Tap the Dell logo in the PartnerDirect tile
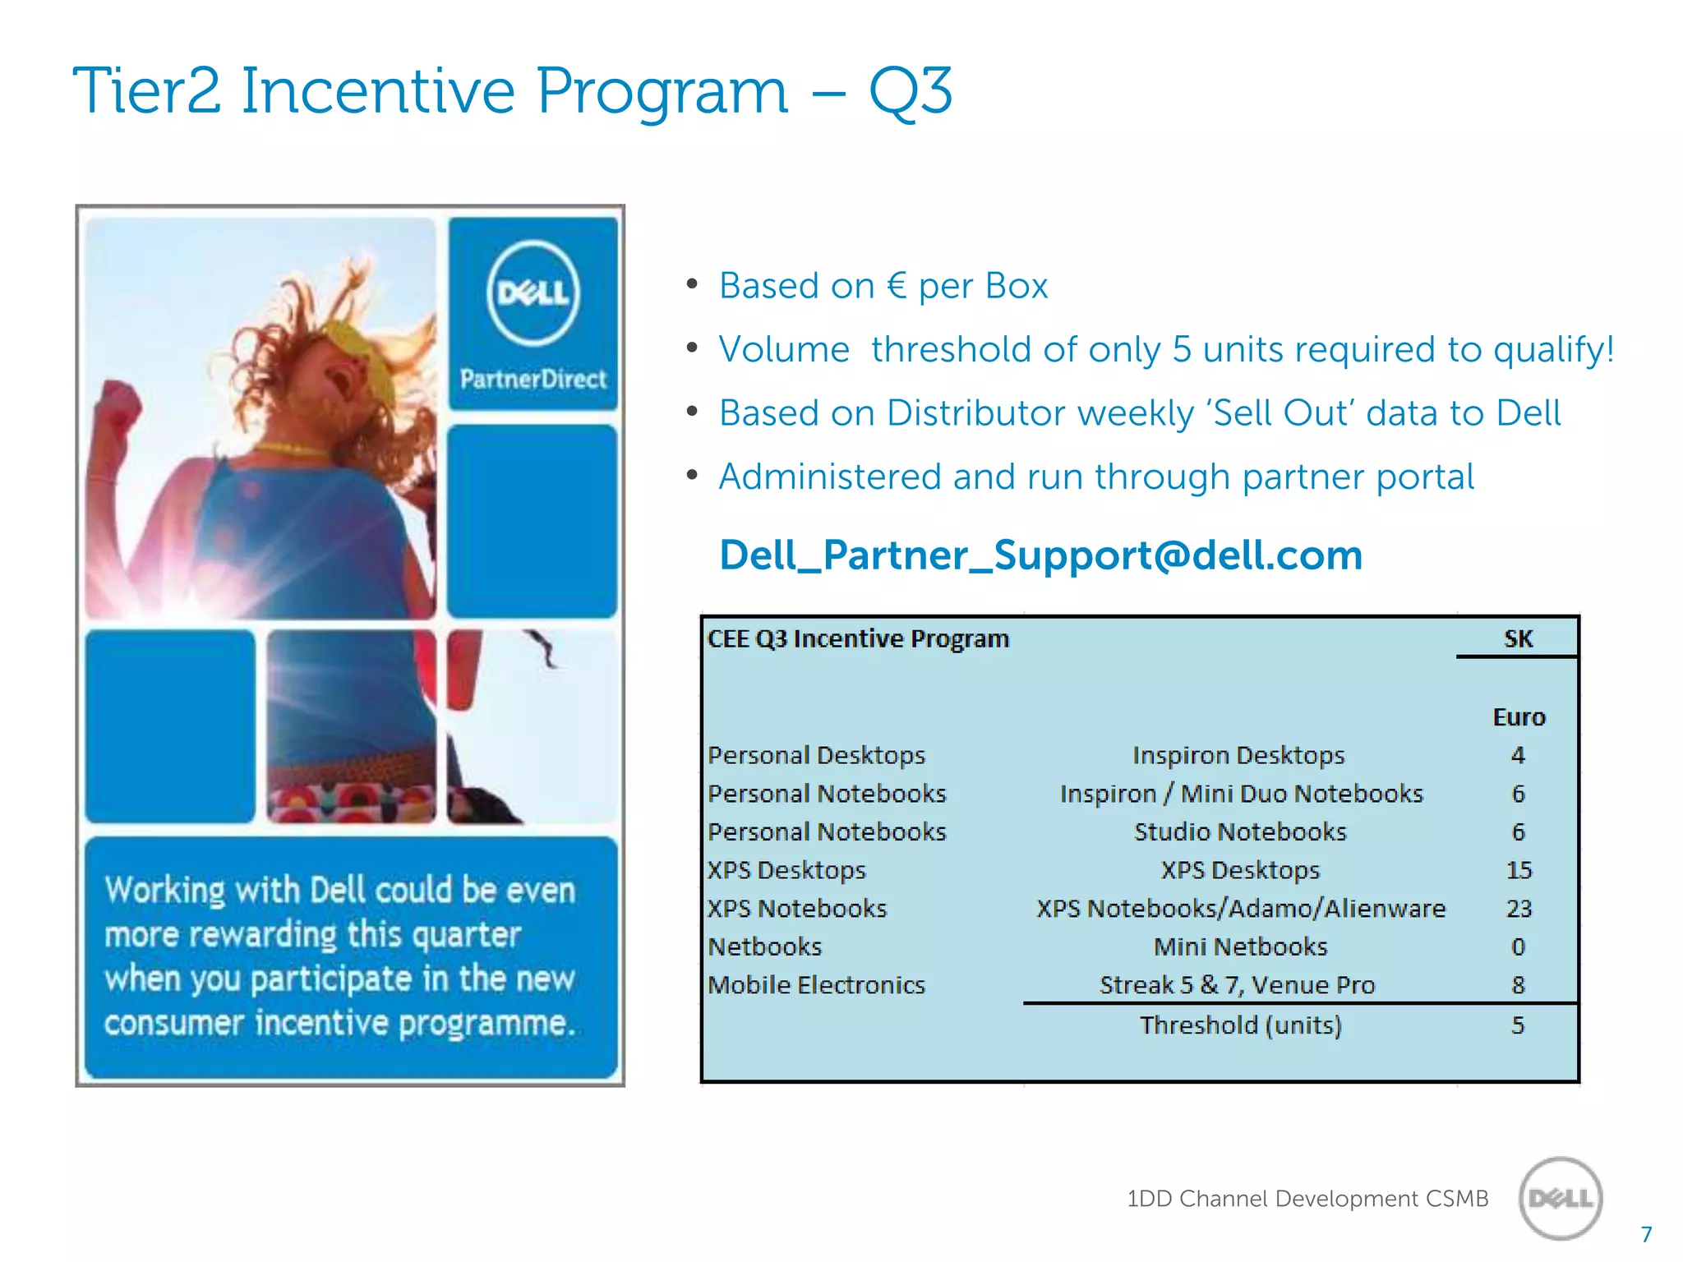tap(533, 293)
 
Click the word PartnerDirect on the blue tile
tap(533, 379)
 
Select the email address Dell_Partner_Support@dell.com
tap(1040, 555)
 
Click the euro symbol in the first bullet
tap(897, 286)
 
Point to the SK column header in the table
tap(1518, 639)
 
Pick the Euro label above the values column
tap(1519, 717)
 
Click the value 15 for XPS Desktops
tap(1519, 870)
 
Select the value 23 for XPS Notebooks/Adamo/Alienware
tap(1519, 909)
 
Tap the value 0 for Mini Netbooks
tap(1518, 947)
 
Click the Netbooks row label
tap(764, 947)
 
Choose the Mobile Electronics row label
tap(816, 985)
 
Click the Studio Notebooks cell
tap(1240, 832)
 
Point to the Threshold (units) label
tap(1240, 1025)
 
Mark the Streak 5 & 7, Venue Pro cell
tap(1237, 985)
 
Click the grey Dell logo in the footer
tap(1561, 1199)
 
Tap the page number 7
tap(1646, 1235)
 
